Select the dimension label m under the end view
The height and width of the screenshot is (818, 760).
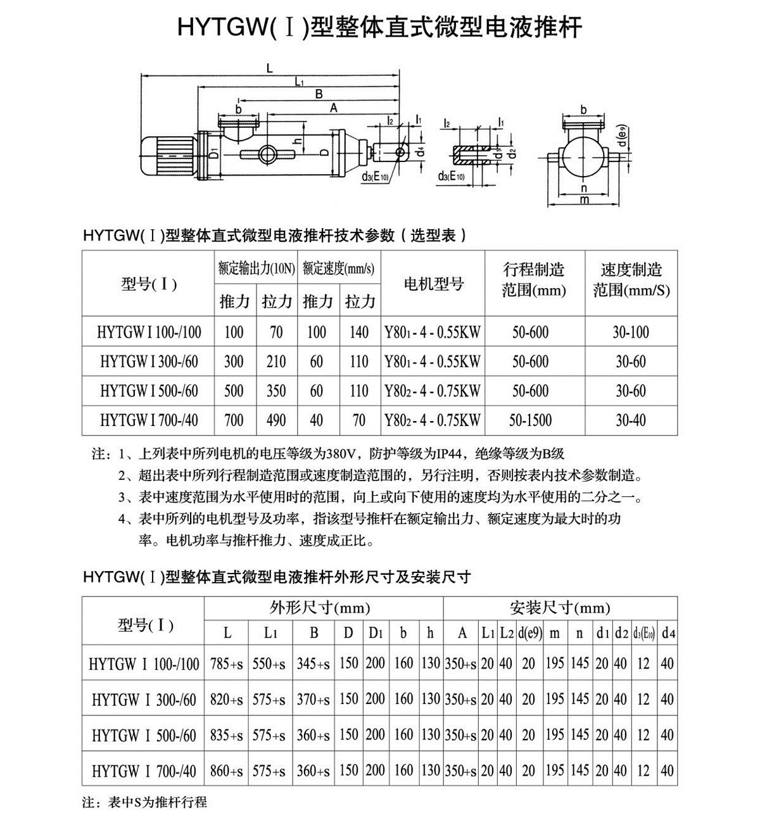click(x=584, y=200)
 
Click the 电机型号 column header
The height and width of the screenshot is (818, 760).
click(x=433, y=283)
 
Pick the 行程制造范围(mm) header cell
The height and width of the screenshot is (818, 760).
click(x=534, y=280)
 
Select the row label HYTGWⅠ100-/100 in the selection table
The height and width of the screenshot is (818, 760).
click(x=149, y=332)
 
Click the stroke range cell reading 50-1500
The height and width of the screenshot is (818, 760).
click(x=531, y=419)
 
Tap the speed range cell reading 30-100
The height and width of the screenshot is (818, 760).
click(x=631, y=332)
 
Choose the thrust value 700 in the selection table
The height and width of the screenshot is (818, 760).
click(x=234, y=419)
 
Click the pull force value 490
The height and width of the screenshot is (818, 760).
click(x=276, y=419)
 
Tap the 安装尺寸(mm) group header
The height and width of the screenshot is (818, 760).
click(x=560, y=608)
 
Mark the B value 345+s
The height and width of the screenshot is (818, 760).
click(x=314, y=664)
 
